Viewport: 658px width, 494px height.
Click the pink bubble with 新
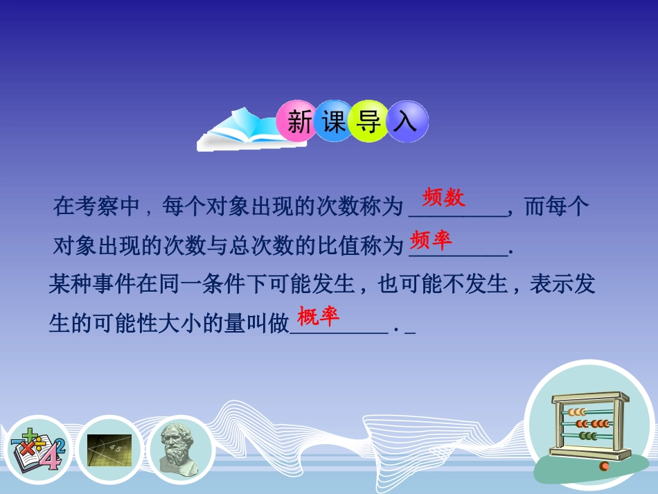[x=299, y=122]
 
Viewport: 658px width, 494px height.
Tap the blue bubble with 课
[x=335, y=122]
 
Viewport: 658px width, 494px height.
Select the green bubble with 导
[x=369, y=122]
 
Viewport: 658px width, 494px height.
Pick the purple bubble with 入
[x=406, y=122]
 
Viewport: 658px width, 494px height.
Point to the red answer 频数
[x=444, y=198]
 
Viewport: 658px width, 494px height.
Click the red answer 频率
[x=431, y=240]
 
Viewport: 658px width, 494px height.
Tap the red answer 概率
[x=319, y=317]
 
